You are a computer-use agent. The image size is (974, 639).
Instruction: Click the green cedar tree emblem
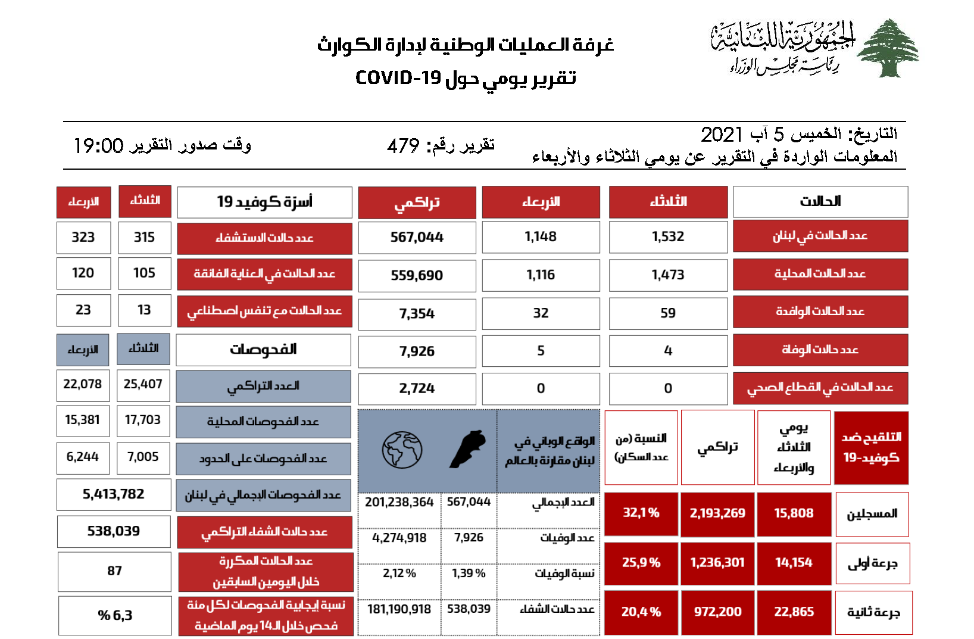[888, 48]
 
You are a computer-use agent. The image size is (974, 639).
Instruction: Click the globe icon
[402, 450]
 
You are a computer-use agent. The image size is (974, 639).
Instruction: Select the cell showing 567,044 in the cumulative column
[417, 237]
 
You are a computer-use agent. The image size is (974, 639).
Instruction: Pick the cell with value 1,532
[668, 237]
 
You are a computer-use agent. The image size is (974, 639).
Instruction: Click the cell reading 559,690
[417, 275]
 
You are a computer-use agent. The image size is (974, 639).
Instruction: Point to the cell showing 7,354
[417, 313]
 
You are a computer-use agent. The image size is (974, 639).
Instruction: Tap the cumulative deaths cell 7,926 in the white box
[417, 351]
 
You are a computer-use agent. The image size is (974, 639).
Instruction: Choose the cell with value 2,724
[417, 389]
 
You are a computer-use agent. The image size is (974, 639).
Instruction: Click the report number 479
[403, 146]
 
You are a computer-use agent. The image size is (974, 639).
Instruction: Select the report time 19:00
[98, 146]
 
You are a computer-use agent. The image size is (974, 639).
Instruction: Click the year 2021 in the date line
[722, 135]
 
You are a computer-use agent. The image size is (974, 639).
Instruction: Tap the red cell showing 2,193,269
[717, 513]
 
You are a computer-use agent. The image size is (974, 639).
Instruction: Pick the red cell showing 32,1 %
[641, 513]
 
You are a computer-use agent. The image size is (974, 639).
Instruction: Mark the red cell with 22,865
[794, 612]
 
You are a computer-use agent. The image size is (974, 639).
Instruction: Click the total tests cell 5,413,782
[114, 494]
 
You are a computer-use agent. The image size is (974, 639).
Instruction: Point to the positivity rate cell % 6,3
[115, 616]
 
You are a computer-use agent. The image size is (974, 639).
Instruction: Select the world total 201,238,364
[399, 502]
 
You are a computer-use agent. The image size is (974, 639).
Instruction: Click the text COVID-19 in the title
[398, 78]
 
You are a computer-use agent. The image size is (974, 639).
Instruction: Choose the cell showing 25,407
[143, 385]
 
